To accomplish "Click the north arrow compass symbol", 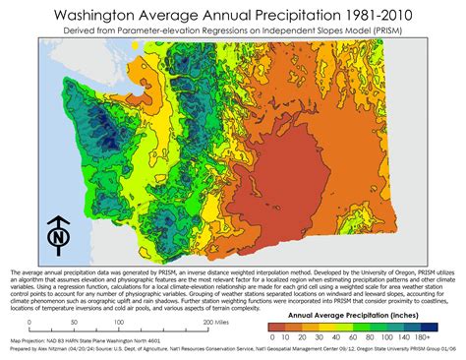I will point(60,237).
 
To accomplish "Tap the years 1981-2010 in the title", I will point(373,17).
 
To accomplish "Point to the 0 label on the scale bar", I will point(30,322).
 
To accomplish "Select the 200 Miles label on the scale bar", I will point(215,322).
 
